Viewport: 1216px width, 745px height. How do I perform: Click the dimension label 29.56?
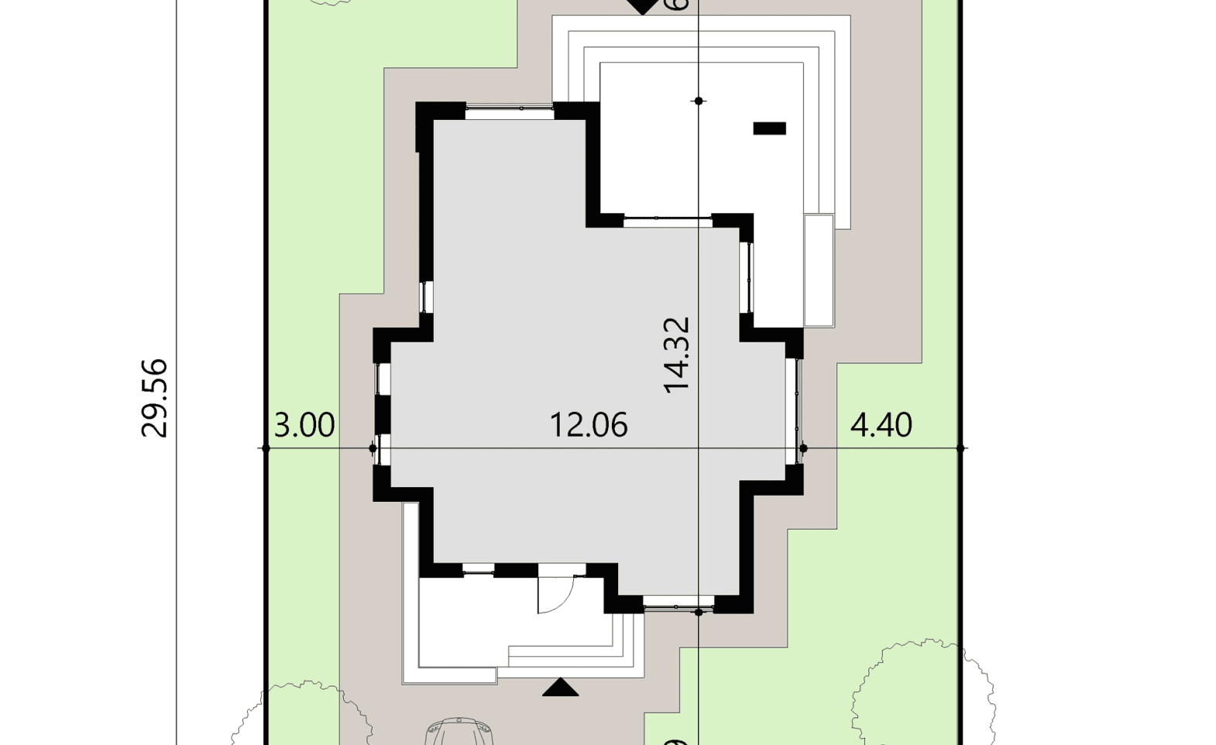(x=155, y=398)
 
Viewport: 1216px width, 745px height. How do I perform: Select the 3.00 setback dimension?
(x=304, y=425)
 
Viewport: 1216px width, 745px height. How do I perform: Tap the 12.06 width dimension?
(x=588, y=425)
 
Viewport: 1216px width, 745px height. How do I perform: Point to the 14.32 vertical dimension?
(x=676, y=355)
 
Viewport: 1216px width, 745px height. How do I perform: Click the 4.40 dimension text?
(x=881, y=425)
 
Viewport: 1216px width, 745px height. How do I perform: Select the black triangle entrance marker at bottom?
(x=560, y=688)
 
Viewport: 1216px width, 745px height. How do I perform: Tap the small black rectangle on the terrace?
(x=769, y=129)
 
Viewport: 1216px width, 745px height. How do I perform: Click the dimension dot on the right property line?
(x=960, y=448)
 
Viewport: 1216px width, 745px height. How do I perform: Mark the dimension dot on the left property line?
(x=266, y=448)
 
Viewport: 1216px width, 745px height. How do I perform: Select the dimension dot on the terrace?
(x=699, y=101)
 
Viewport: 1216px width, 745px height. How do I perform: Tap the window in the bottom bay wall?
(x=678, y=605)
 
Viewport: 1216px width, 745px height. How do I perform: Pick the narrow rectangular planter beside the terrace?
(x=819, y=270)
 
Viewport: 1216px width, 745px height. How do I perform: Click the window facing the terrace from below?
(x=667, y=221)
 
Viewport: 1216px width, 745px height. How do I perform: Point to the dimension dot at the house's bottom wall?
(x=699, y=613)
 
